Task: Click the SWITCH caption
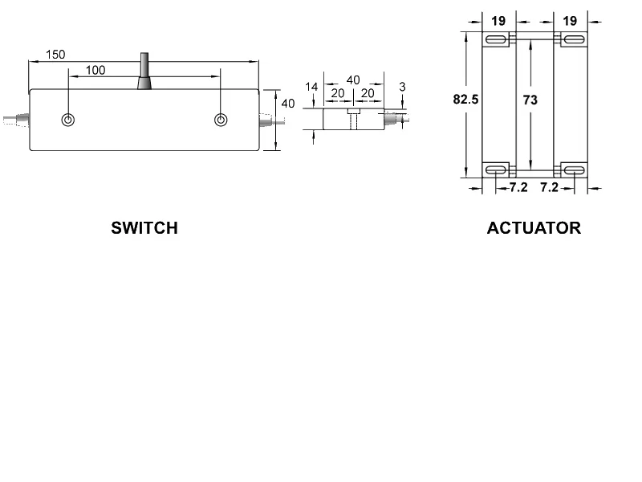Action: tap(144, 228)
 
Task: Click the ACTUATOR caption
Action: tap(534, 228)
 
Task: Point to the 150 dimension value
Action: tap(55, 55)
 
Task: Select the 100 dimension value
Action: tap(95, 71)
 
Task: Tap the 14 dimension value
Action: tap(311, 87)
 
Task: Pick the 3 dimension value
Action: tap(401, 86)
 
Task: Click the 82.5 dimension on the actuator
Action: tap(466, 100)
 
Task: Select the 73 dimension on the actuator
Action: tap(530, 100)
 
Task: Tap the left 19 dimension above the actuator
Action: tap(498, 21)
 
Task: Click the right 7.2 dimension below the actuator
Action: tap(549, 188)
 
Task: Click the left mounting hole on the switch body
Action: tap(68, 120)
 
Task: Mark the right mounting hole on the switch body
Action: tap(221, 120)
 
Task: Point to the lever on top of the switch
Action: tap(144, 72)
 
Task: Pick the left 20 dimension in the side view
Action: tap(338, 93)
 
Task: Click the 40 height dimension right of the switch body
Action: tap(288, 104)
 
